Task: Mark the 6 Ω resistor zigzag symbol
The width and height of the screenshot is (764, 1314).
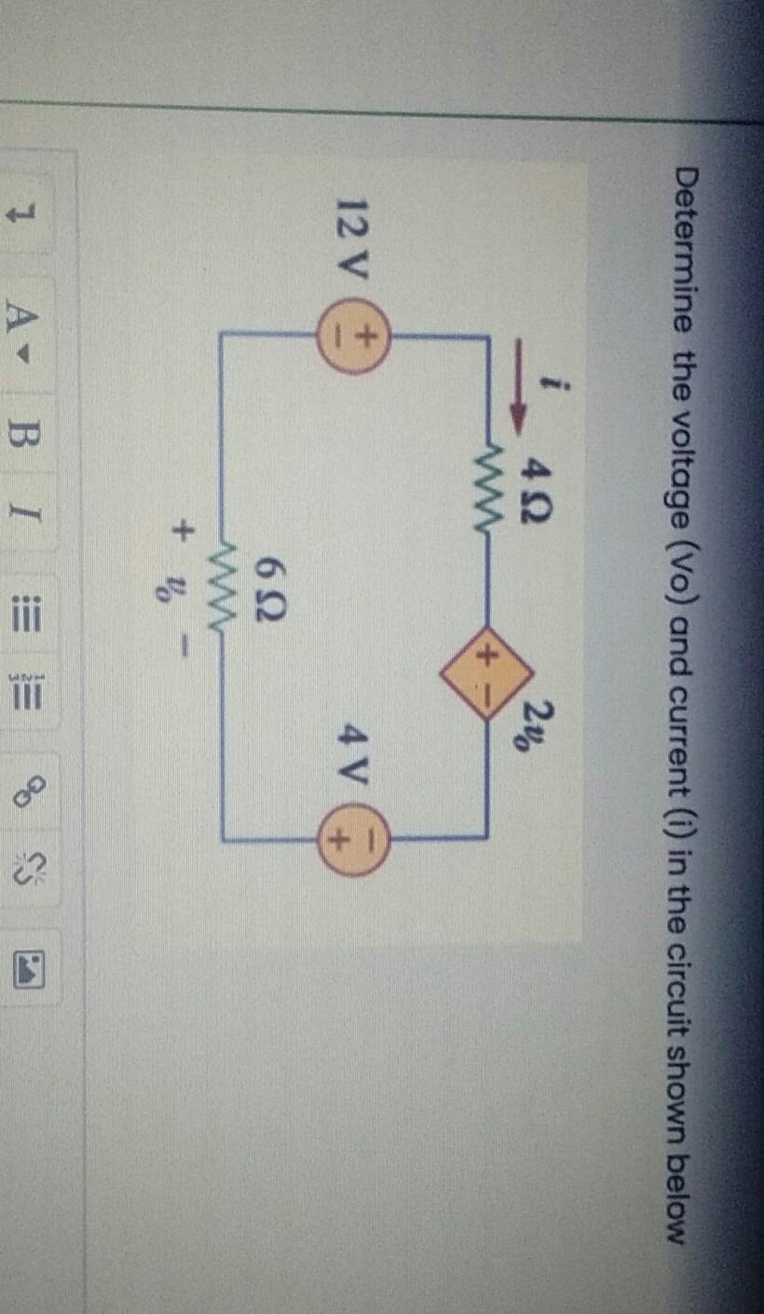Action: click(222, 578)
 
